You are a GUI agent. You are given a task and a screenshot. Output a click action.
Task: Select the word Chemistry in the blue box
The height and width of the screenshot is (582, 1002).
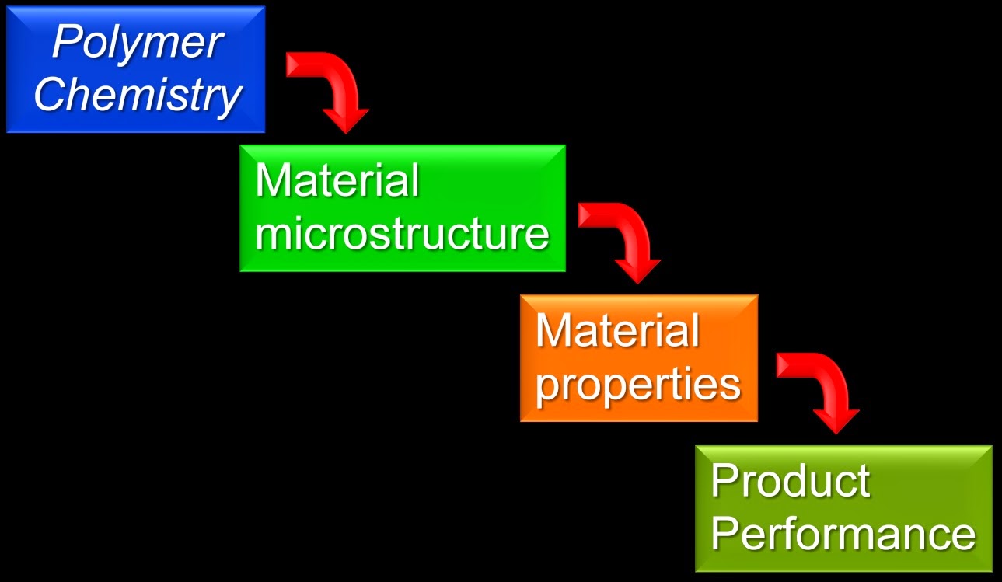(x=138, y=96)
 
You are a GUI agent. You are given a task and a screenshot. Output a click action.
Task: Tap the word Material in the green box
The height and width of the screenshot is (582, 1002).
(x=337, y=181)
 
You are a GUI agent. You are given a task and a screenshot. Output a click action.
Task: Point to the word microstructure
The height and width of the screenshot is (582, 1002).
(x=402, y=233)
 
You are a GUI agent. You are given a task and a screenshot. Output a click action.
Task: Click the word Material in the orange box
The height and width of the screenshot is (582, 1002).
(x=618, y=331)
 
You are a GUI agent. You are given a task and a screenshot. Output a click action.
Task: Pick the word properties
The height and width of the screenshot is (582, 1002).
(x=637, y=384)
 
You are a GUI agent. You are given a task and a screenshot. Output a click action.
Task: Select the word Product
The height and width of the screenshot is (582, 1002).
(x=790, y=481)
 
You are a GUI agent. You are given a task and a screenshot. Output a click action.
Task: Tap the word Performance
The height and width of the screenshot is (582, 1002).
(x=843, y=535)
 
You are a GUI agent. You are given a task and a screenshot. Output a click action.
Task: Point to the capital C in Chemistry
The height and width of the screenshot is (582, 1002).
(x=51, y=95)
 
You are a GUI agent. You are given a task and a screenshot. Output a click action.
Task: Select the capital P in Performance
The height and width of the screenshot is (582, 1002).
(x=725, y=533)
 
